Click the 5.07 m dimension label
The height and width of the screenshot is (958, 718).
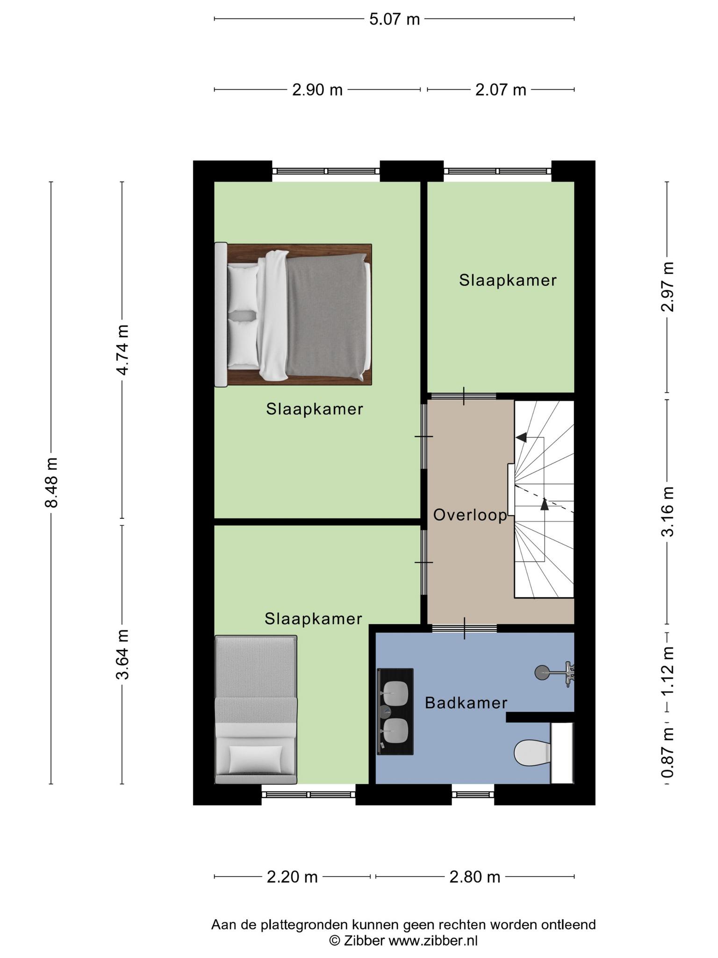394,19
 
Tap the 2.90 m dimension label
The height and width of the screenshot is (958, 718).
317,89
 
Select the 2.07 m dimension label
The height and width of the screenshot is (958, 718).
501,89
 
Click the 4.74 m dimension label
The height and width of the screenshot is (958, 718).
122,349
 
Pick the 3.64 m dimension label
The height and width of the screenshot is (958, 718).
122,654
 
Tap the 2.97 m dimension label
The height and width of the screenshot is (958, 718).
668,287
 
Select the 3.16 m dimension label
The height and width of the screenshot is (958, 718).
668,512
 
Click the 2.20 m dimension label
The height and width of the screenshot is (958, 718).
292,877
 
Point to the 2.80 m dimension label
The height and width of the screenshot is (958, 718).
475,877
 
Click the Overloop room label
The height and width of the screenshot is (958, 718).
470,515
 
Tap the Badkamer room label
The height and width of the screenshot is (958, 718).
466,703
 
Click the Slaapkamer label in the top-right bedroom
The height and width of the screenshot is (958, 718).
508,280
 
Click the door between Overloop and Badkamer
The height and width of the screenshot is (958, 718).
464,628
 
